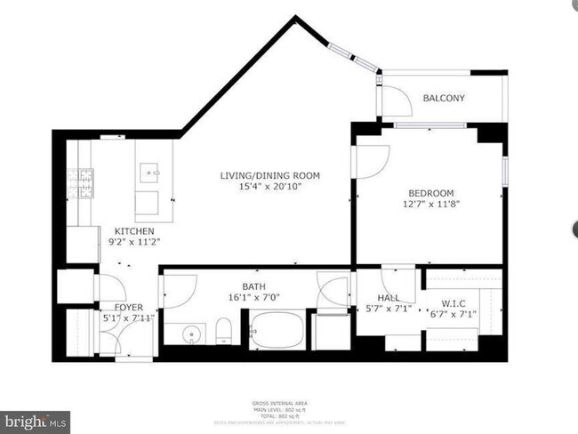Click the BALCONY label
444,98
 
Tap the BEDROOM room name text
431,193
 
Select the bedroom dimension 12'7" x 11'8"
431,204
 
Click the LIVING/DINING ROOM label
269,175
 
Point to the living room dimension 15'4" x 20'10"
269,187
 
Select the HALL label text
387,299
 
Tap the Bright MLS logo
36,420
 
